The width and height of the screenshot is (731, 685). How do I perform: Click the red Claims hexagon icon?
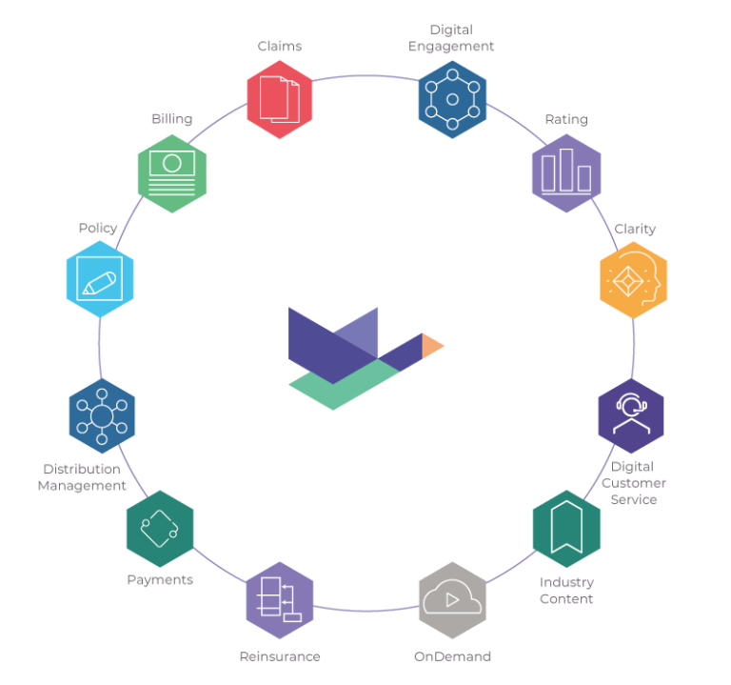tap(280, 99)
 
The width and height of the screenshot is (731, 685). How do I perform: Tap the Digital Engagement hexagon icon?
tap(452, 99)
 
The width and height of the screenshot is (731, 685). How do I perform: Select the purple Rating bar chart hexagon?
tap(566, 172)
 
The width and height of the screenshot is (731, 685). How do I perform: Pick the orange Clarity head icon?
tap(634, 280)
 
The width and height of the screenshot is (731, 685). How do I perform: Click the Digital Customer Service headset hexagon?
tap(631, 415)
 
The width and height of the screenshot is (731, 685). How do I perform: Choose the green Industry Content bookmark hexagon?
tap(566, 529)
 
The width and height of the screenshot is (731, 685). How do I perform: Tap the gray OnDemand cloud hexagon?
tap(452, 600)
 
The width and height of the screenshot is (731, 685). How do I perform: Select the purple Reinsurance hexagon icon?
tap(280, 600)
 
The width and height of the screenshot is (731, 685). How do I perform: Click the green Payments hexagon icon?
tap(160, 529)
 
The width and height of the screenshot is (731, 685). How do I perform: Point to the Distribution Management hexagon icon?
tap(102, 415)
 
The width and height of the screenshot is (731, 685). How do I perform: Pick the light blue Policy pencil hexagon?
tap(100, 280)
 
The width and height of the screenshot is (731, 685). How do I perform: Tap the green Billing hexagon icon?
tap(171, 172)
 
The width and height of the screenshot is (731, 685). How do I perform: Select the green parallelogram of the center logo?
tap(343, 386)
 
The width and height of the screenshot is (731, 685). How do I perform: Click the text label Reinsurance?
tap(280, 656)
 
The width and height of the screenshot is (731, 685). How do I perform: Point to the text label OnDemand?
tap(452, 656)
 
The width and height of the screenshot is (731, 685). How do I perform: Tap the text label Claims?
tap(280, 46)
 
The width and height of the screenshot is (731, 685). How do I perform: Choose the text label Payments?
tap(160, 579)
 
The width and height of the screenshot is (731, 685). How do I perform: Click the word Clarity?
tap(635, 230)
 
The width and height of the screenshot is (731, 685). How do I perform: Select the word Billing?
tap(171, 119)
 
